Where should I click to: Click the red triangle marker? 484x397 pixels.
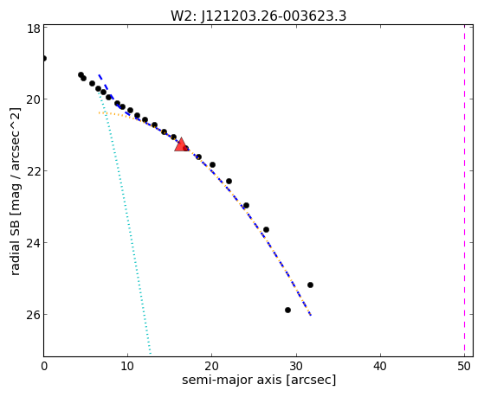point(181,144)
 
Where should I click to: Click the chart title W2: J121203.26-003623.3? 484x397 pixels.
point(258,16)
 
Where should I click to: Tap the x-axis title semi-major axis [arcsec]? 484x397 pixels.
point(259,380)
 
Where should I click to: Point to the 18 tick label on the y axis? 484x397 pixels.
point(34,29)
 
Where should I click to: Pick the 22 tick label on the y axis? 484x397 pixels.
point(34,171)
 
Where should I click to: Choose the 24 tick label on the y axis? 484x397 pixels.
point(34,243)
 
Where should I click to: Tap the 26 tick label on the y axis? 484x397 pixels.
point(34,315)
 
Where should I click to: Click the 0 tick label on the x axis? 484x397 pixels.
point(44,366)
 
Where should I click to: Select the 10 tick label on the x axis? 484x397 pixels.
point(127,366)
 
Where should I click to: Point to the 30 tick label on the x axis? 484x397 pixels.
point(296,366)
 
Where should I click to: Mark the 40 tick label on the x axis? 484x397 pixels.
point(380,366)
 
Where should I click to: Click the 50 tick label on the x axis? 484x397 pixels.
point(464,366)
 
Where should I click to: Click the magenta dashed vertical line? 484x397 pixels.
point(464,190)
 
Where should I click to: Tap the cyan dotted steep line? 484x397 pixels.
point(125,222)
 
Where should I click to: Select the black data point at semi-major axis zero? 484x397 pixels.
point(44,58)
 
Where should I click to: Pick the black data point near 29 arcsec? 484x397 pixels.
point(287,310)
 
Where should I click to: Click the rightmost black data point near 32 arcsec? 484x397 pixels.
point(310,285)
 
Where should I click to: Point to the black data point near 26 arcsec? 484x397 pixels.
point(266,229)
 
